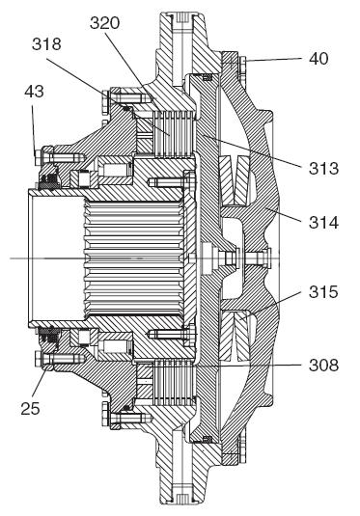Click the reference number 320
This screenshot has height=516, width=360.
(x=104, y=23)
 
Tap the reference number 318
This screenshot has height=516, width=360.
(x=46, y=44)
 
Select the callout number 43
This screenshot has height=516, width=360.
(x=34, y=92)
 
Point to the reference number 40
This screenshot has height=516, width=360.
(x=318, y=59)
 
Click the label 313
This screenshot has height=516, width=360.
(x=323, y=169)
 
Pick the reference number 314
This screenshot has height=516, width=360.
(x=323, y=223)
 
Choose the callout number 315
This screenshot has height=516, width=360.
(x=323, y=292)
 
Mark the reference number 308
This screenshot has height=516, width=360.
(x=323, y=366)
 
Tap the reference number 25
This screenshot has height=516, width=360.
(x=30, y=409)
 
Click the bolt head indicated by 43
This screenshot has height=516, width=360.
(x=38, y=157)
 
